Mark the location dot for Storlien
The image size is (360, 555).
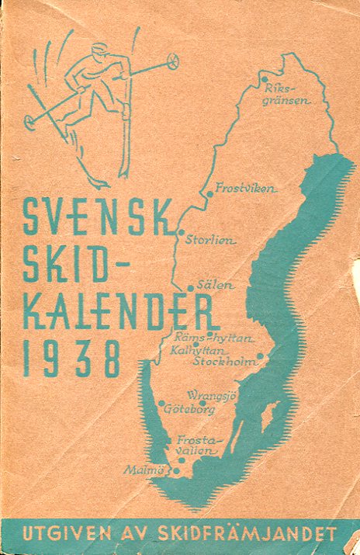tap(181, 231)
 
